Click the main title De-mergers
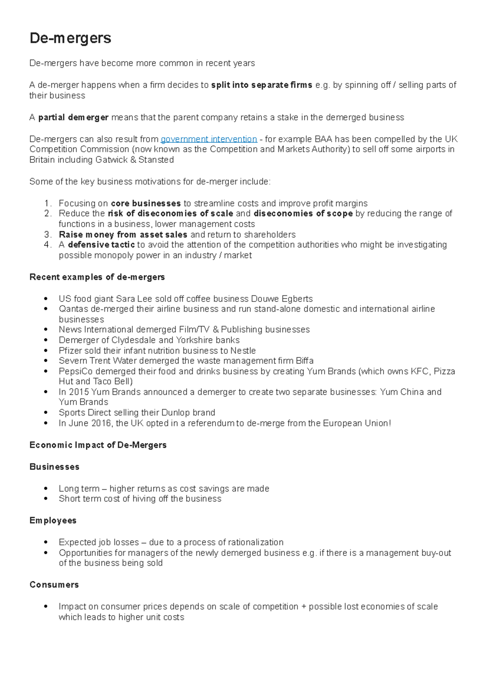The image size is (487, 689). coord(70,38)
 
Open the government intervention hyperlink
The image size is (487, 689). coord(209,139)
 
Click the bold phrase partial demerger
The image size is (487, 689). coord(73,118)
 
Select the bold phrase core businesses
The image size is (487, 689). coord(146,203)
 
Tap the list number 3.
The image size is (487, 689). coord(47,235)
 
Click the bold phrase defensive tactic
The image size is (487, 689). coord(101,245)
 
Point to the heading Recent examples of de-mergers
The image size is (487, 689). coord(97,277)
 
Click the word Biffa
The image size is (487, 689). coord(304,361)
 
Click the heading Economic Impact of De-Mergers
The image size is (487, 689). coord(98,445)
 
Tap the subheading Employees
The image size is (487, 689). coord(53,521)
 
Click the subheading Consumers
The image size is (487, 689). coord(54,585)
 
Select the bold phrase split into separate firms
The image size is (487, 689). coord(262,85)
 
